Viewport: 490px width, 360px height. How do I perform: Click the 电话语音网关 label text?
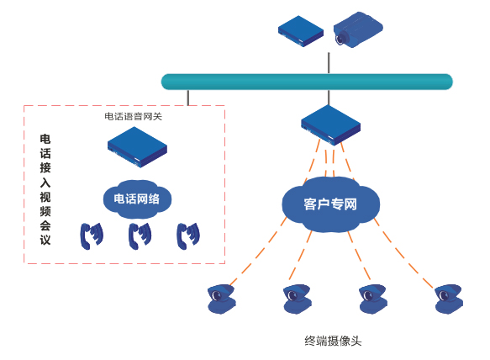(x=133, y=116)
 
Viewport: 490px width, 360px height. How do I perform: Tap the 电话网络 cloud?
(x=137, y=199)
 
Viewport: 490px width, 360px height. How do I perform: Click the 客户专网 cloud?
(x=330, y=204)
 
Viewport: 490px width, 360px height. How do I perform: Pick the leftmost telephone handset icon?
(x=91, y=236)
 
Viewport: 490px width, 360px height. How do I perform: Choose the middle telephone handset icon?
(x=140, y=236)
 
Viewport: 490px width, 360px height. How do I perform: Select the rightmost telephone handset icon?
(x=187, y=236)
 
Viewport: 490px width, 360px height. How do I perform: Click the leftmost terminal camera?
(x=223, y=299)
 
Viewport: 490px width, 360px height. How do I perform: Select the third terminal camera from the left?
(x=372, y=299)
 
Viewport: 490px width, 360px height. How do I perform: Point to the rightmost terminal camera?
(x=448, y=299)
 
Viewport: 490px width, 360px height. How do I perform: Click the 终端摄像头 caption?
(x=334, y=341)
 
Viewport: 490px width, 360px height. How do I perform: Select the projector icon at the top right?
(x=359, y=30)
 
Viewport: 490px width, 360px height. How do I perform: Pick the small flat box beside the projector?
(x=301, y=32)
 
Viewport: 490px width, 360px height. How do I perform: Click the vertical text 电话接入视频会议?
(x=45, y=188)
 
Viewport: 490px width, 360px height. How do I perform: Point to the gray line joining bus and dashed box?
(x=188, y=97)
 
